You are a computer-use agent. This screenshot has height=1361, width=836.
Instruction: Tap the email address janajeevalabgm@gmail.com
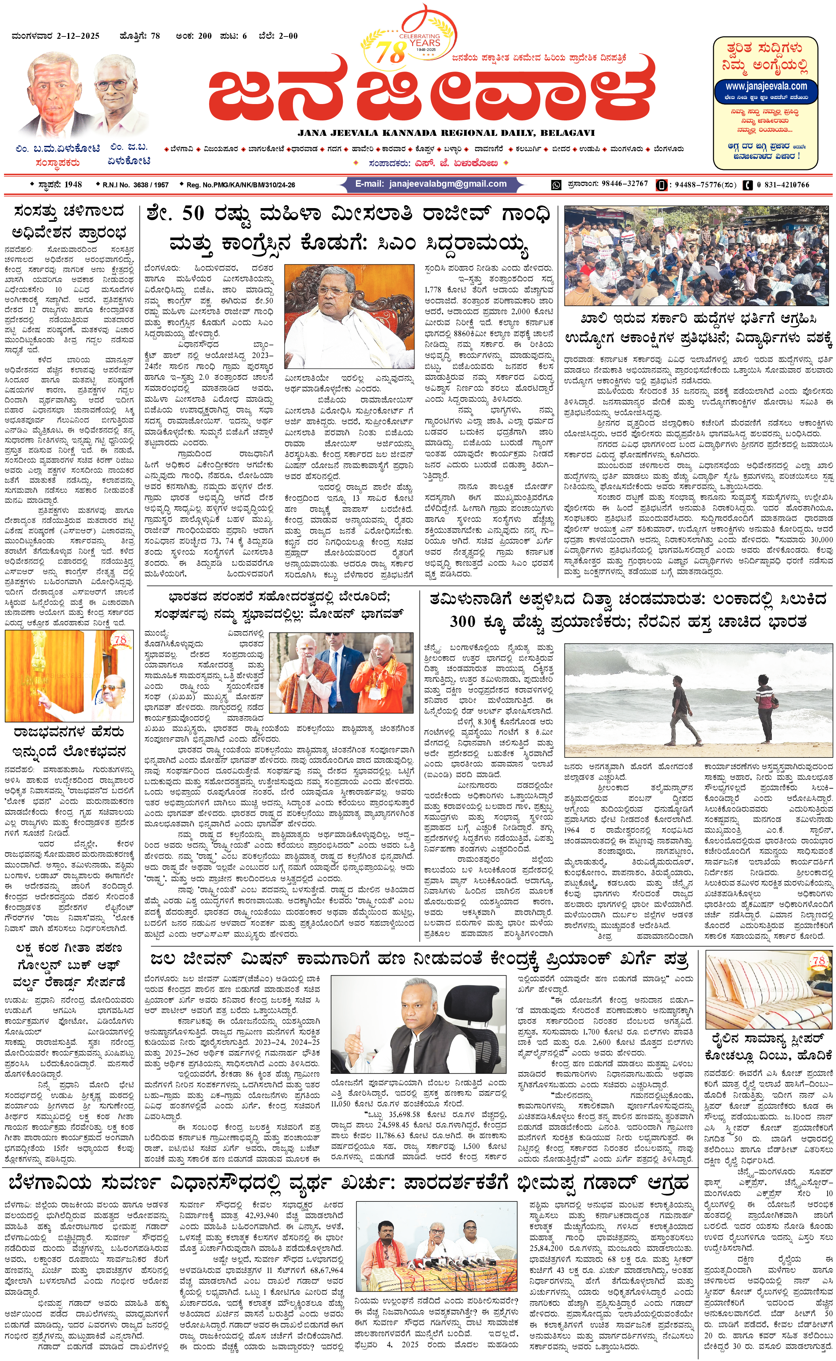(431, 184)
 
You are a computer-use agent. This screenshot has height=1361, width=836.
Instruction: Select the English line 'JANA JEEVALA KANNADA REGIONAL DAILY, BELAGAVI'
(446, 133)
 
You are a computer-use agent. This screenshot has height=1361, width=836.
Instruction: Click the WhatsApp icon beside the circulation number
(556, 185)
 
